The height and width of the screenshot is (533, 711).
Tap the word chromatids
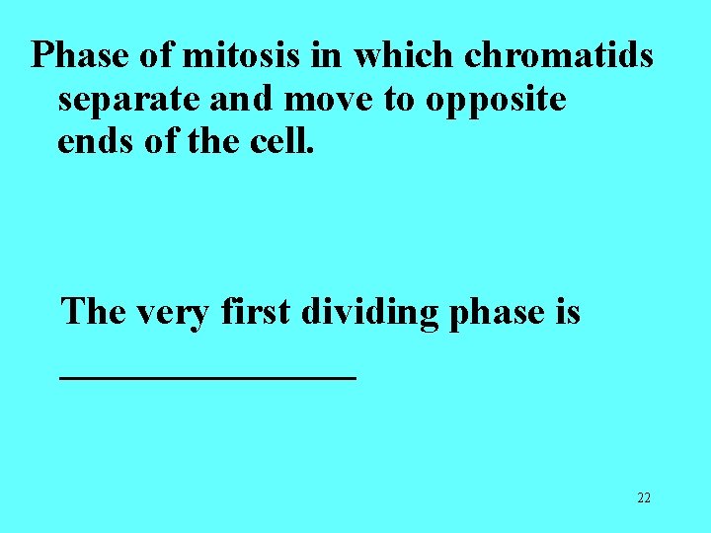pyautogui.click(x=559, y=56)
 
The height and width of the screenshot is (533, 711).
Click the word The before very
pyautogui.click(x=93, y=312)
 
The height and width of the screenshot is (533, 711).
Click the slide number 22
pyautogui.click(x=644, y=498)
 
